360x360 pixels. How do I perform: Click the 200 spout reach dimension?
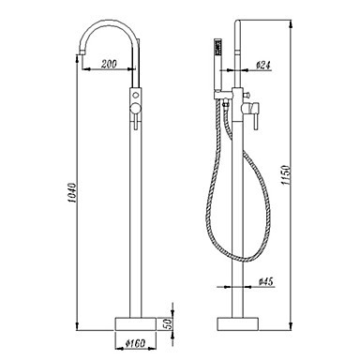pos(109,64)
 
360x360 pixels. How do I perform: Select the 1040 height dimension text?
pos(72,192)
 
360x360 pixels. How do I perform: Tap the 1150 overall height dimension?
pos(286,175)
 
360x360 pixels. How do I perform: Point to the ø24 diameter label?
pos(263,65)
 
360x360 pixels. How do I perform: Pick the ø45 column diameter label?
pos(266,281)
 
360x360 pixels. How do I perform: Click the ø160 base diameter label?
pos(135,343)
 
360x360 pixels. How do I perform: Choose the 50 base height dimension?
pos(168,323)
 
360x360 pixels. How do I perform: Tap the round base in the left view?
pos(136,323)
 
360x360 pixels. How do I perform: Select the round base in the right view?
pos(238,323)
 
